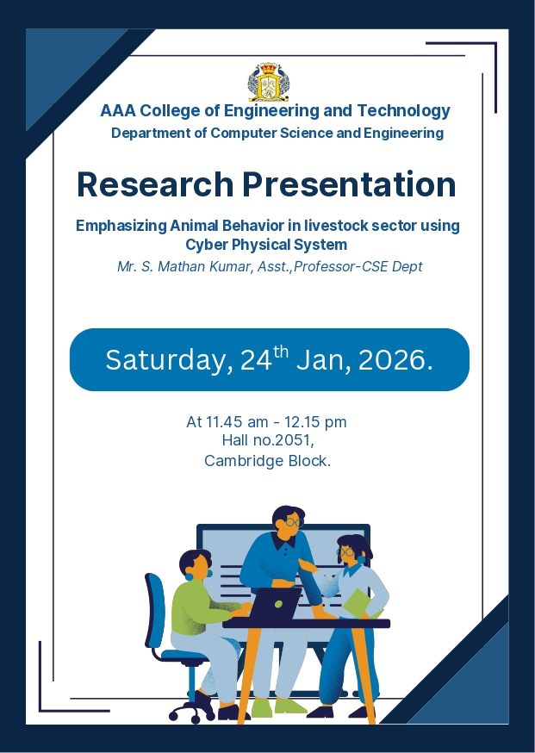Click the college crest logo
point(269,82)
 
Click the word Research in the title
point(155,184)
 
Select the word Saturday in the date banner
point(165,360)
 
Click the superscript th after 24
point(281,352)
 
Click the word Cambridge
point(244,461)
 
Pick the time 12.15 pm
point(315,422)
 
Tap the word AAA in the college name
point(118,111)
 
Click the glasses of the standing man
point(294,522)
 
